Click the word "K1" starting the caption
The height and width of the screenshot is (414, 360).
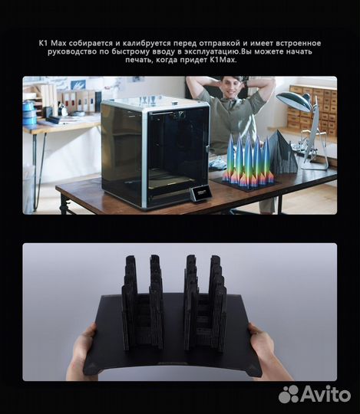tap(43, 44)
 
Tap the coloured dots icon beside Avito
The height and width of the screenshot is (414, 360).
tap(289, 394)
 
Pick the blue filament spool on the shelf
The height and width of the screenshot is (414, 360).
tap(30, 113)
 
